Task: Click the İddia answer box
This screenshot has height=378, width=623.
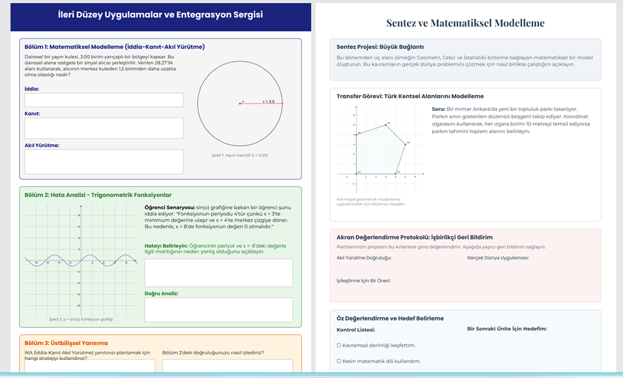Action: coord(104,100)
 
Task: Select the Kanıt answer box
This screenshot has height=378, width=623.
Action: coord(104,128)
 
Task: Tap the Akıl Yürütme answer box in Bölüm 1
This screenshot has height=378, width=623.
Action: coord(104,161)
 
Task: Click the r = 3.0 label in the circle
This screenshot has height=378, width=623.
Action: coord(268,101)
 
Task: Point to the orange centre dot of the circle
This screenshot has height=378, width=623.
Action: coord(240,103)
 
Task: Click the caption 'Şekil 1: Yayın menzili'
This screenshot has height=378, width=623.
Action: coord(240,155)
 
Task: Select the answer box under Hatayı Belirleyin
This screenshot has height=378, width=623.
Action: coord(218,273)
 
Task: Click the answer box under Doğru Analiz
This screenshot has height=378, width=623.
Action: coord(218,309)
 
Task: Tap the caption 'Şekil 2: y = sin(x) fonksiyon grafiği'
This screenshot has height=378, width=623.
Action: coord(81,319)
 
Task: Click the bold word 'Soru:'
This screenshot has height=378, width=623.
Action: coord(439,109)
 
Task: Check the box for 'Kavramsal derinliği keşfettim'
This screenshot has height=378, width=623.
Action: coord(338,345)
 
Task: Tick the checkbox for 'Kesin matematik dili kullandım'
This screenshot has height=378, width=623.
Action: coord(338,361)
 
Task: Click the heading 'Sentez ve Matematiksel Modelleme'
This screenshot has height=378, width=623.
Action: coord(465,24)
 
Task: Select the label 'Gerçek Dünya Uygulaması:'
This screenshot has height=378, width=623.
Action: coord(498,258)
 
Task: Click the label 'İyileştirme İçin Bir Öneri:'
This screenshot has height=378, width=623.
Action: coord(363,280)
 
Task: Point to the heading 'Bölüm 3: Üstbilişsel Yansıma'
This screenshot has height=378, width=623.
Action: coord(66,343)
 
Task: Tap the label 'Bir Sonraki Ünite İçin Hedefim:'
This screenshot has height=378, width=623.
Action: coord(507,329)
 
